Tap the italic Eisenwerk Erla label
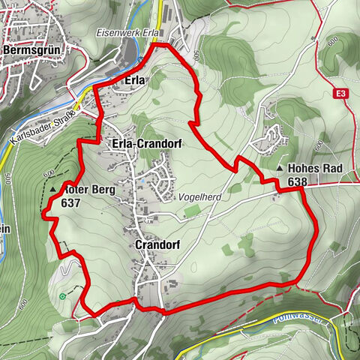pos(125,34)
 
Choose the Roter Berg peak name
pos(88,190)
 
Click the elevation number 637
pos(72,202)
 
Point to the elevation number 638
pos(297,181)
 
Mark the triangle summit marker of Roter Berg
pos(53,190)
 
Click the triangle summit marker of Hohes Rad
pos(279,169)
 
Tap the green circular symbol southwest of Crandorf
pos(63,296)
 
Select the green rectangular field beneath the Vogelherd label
pos(192,211)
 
